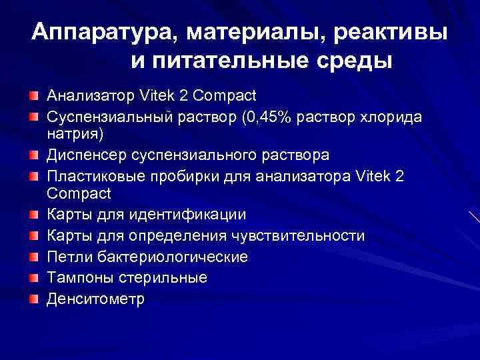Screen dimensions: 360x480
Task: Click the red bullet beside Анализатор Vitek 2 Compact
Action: point(34,97)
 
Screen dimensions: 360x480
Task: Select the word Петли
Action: point(65,257)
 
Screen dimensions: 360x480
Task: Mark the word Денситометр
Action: point(95,299)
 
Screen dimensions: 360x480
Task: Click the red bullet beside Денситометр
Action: point(34,299)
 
